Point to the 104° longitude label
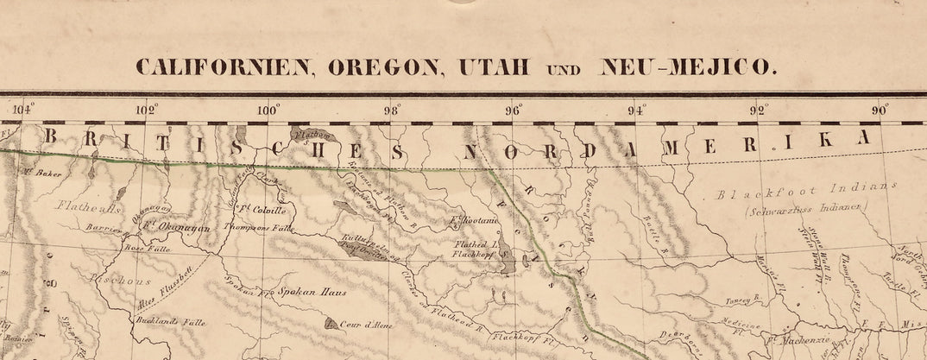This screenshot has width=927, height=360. tap(23, 109)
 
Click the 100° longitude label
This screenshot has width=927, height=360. tap(268, 109)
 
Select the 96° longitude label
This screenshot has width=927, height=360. tap(514, 109)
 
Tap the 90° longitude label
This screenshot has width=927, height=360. tap(881, 109)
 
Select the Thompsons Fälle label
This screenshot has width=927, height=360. tap(259, 229)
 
